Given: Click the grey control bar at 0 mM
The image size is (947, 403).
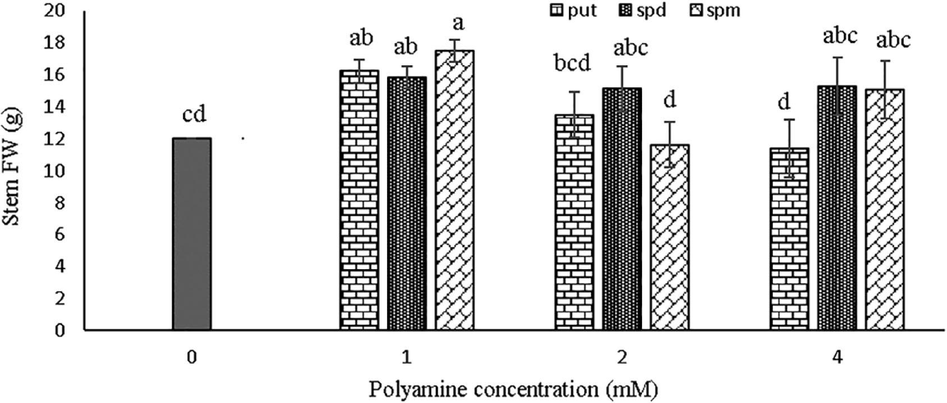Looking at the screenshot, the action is pos(192,234).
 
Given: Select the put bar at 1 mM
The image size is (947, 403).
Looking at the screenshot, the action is pos(359,200).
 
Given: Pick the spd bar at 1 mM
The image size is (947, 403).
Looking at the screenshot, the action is pos(407,203).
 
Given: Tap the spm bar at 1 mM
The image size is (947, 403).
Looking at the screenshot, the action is pos(455,190).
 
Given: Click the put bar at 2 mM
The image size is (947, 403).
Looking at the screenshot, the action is pos(574,223).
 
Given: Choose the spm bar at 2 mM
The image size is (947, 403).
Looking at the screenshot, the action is pos(670,237).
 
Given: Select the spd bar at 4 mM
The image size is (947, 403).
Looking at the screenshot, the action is pos(837,208).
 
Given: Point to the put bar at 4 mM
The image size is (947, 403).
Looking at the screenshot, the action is pos(789,239).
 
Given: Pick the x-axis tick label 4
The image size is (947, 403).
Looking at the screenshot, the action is pos(837,357).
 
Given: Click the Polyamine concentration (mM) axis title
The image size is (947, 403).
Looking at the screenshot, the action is pos(514,390).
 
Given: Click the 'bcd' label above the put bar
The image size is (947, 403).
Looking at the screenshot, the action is pos(572,64).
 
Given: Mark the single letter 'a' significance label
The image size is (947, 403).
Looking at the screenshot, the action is pos(458,24).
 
